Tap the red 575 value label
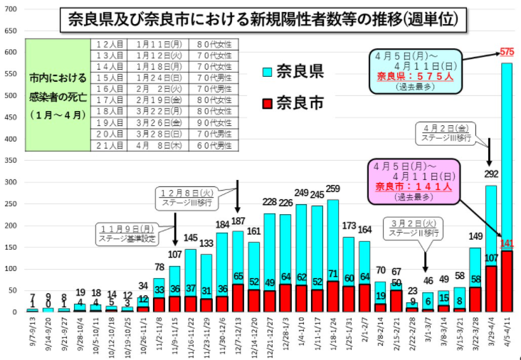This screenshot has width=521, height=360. pyautogui.click(x=507, y=52)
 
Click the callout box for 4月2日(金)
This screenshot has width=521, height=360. pyautogui.click(x=447, y=132)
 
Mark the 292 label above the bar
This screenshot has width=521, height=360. pyautogui.click(x=492, y=174)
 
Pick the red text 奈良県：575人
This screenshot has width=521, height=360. pyautogui.click(x=413, y=75)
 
